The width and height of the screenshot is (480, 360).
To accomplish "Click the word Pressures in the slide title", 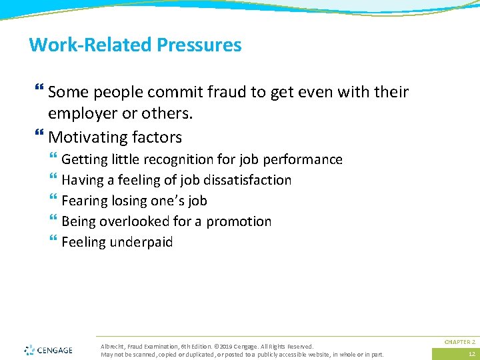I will pyautogui.click(x=199, y=45).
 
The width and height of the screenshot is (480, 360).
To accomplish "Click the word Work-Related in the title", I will pyautogui.click(x=91, y=45).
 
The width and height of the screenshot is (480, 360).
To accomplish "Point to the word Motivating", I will pyautogui.click(x=85, y=137).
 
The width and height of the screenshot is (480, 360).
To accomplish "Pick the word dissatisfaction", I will pyautogui.click(x=251, y=180).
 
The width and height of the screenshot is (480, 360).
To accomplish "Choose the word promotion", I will pyautogui.click(x=239, y=221).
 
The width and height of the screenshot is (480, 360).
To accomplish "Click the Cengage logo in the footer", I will pyautogui.click(x=49, y=349).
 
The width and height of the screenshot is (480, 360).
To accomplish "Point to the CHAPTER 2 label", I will pyautogui.click(x=459, y=341).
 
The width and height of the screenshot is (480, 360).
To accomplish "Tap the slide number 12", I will pyautogui.click(x=471, y=354).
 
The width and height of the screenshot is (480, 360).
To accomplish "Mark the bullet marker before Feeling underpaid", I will pyautogui.click(x=53, y=242).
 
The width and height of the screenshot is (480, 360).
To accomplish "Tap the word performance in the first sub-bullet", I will pyautogui.click(x=303, y=160).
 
